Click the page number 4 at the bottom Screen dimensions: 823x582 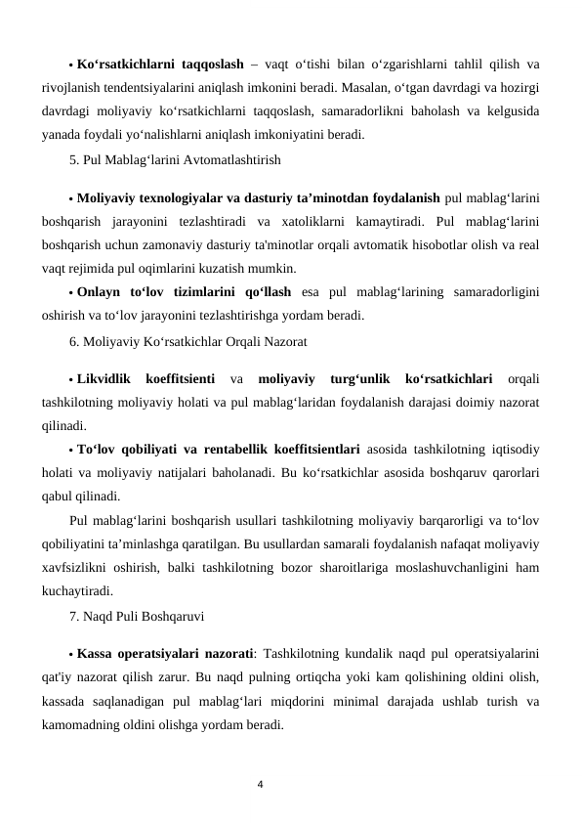click(x=261, y=784)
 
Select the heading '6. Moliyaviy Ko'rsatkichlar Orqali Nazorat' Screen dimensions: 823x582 click(x=188, y=342)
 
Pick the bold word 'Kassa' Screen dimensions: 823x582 click(x=95, y=653)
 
